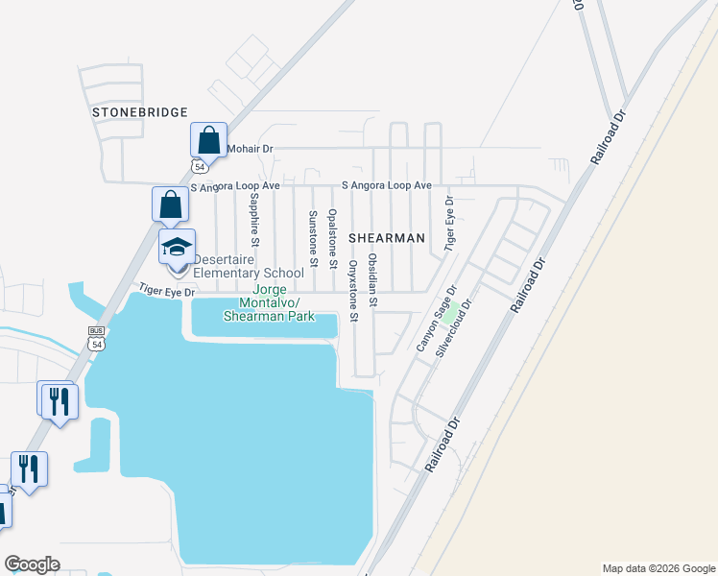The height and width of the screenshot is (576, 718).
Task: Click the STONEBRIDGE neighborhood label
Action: [x=140, y=112]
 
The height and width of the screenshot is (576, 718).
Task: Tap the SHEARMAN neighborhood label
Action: [x=386, y=236]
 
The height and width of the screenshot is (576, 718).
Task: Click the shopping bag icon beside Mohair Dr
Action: [x=208, y=141]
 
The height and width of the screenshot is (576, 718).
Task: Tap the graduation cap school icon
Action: [x=177, y=248]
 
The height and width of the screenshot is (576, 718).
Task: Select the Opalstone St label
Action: [x=333, y=239]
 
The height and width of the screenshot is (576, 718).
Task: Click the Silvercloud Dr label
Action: [x=455, y=327]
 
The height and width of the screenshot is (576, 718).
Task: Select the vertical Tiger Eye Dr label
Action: [x=447, y=224]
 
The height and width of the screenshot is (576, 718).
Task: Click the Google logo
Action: [x=32, y=564]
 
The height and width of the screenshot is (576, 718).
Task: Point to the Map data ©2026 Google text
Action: [x=658, y=568]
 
